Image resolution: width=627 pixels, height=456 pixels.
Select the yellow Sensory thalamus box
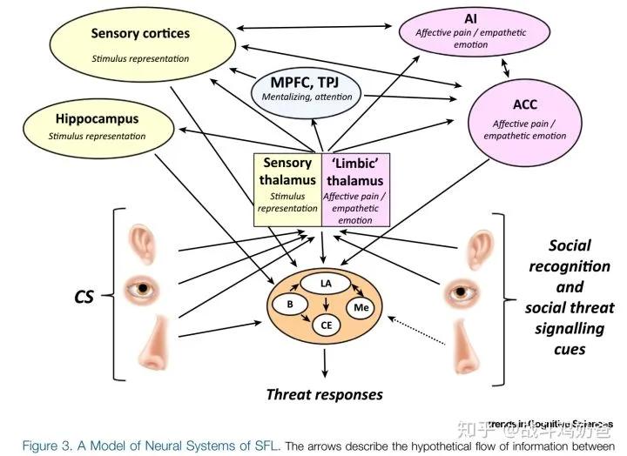[x=287, y=188]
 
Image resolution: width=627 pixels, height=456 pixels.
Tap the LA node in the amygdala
[x=325, y=284]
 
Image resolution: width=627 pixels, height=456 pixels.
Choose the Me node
[x=361, y=306]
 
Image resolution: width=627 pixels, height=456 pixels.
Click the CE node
[x=325, y=325]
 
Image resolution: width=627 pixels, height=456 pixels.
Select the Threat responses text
[x=324, y=394]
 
